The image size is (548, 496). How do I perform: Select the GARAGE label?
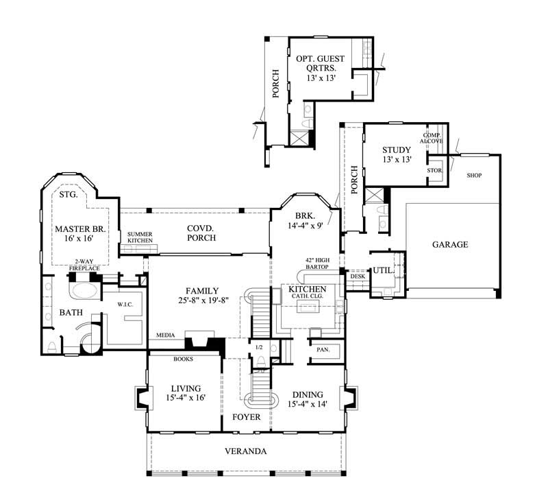click(x=450, y=244)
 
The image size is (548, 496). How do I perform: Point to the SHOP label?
click(x=474, y=176)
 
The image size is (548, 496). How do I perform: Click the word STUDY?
click(x=397, y=150)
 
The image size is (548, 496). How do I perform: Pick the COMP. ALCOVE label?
click(x=432, y=138)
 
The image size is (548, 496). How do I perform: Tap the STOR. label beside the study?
click(x=434, y=169)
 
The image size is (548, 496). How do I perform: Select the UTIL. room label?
click(x=383, y=271)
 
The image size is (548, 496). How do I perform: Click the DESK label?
click(x=357, y=276)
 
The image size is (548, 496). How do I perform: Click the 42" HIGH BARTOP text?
click(x=319, y=264)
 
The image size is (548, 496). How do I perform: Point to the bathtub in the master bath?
click(x=82, y=290)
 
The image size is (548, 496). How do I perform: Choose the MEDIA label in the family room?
click(x=164, y=335)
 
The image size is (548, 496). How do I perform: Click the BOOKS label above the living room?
click(x=184, y=359)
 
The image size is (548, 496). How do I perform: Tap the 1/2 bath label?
click(x=258, y=348)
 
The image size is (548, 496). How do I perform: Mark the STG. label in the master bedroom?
click(x=67, y=195)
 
